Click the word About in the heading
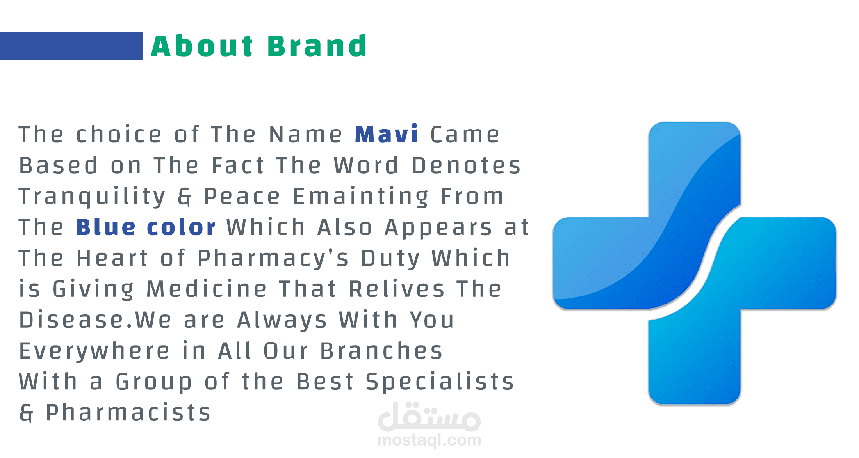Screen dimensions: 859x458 202,46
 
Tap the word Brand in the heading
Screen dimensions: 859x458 317,46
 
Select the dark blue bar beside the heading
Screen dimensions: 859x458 71,46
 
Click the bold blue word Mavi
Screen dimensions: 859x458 387,134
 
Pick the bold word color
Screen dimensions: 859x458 181,227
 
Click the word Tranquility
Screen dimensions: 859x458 93,196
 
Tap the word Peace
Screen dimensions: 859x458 242,196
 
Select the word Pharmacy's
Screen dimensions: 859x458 273,258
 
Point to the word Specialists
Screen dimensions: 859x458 440,382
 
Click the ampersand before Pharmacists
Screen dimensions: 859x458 26,413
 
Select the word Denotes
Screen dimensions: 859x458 466,165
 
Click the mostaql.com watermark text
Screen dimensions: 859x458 429,440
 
